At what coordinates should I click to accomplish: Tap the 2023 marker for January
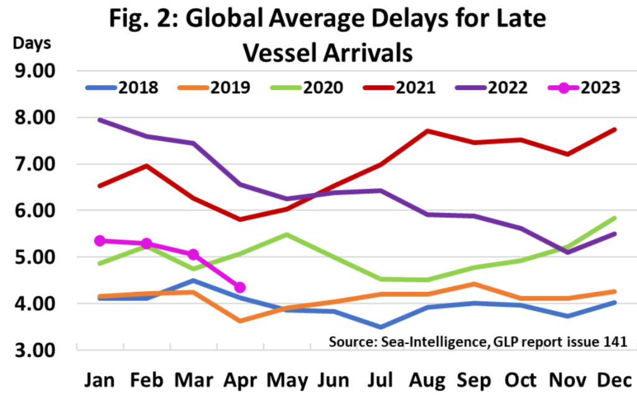click(x=98, y=240)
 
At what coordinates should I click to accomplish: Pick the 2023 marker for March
click(x=193, y=255)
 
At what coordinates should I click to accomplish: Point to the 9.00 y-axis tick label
click(x=34, y=71)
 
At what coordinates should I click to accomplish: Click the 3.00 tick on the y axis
click(x=34, y=350)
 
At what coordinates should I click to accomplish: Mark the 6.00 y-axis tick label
click(x=34, y=211)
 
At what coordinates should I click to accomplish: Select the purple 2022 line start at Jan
click(x=100, y=120)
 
